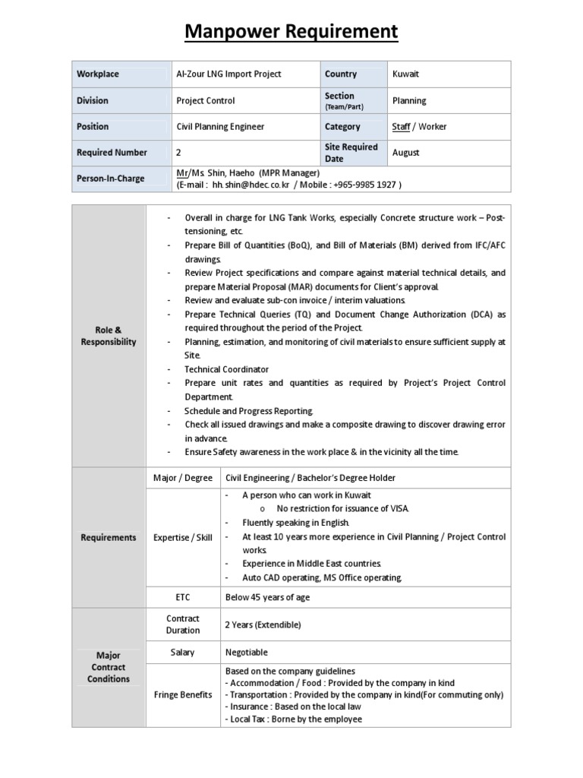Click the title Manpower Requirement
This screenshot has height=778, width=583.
coord(291,32)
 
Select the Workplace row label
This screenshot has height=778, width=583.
coord(98,74)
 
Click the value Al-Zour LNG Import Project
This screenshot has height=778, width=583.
coord(228,74)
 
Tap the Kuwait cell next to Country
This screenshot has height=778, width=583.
coord(405,74)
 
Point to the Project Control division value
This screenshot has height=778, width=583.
coord(206,100)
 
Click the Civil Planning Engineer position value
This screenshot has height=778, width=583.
coord(220,127)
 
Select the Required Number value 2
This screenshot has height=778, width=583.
coord(178,153)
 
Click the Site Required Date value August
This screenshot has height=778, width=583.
coord(406,153)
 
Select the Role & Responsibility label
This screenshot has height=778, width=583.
coord(109,336)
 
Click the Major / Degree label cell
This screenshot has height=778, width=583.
coord(182,478)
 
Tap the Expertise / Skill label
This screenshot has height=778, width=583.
coord(182,538)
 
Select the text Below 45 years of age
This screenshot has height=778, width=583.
coord(267,597)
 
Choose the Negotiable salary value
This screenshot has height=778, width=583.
coord(247,652)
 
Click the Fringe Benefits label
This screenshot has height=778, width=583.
coord(182,695)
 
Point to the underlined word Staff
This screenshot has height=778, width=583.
coord(401,127)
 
